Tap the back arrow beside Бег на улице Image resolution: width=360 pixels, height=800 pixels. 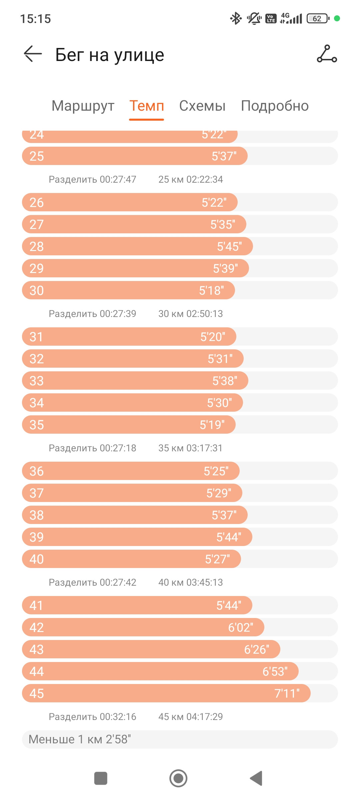33,54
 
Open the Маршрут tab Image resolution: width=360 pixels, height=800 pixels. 83,106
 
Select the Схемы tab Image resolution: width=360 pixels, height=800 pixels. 202,106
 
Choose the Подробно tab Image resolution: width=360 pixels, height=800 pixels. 275,106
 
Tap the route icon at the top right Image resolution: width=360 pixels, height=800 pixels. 327,54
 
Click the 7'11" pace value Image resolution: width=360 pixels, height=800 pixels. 287,693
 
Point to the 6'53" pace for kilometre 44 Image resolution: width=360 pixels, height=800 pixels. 275,671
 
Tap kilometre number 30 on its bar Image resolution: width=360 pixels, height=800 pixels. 37,290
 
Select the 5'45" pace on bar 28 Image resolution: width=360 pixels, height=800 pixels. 229,246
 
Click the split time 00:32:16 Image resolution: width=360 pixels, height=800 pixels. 118,717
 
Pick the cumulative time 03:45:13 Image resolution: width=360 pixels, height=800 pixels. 205,582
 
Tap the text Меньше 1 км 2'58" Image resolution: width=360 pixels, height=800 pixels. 80,739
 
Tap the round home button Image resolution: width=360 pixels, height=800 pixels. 178,778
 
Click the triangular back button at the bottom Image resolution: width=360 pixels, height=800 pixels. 256,778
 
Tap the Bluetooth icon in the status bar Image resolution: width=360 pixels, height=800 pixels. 236,18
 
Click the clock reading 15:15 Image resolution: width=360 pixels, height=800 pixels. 35,19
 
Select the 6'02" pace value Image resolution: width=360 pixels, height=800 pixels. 241,627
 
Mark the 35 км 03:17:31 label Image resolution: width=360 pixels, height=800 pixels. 190,448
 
